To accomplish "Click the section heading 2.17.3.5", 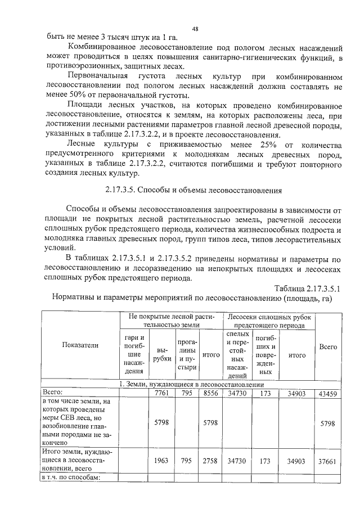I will click(194, 189).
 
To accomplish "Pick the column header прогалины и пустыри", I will click(186, 354).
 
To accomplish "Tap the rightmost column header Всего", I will click(328, 347).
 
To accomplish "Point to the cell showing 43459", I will click(328, 394).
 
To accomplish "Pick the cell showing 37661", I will click(328, 461).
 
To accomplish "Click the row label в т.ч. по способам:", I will click(71, 478).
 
